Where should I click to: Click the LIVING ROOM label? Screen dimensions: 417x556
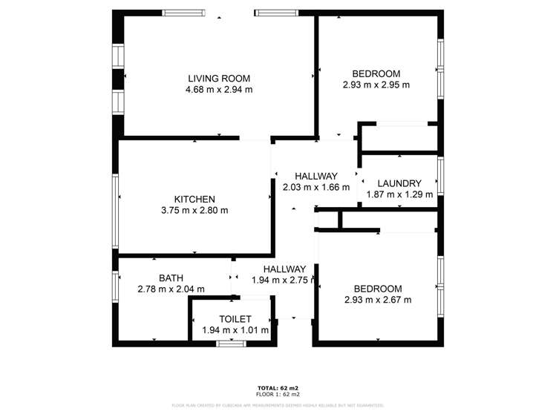pyautogui.click(x=219, y=78)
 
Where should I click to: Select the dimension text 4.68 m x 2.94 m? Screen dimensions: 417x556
pyautogui.click(x=219, y=90)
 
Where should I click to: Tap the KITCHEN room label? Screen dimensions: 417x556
pyautogui.click(x=194, y=199)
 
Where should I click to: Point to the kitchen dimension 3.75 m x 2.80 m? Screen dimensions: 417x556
pyautogui.click(x=194, y=211)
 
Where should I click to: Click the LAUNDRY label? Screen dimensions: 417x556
pyautogui.click(x=399, y=183)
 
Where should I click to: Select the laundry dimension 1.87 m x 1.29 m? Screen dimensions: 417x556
pyautogui.click(x=399, y=194)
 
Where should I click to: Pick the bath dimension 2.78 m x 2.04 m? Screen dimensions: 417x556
pyautogui.click(x=171, y=289)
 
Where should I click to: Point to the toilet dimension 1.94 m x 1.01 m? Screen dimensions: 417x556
pyautogui.click(x=235, y=330)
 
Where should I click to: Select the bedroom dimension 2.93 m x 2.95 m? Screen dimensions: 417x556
pyautogui.click(x=376, y=85)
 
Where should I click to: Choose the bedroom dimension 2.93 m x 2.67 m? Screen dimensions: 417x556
pyautogui.click(x=377, y=300)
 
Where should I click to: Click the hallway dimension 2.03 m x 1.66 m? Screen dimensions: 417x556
pyautogui.click(x=316, y=188)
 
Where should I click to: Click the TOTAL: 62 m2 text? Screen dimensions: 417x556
pyautogui.click(x=278, y=388)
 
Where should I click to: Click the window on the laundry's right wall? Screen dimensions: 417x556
pyautogui.click(x=440, y=177)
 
